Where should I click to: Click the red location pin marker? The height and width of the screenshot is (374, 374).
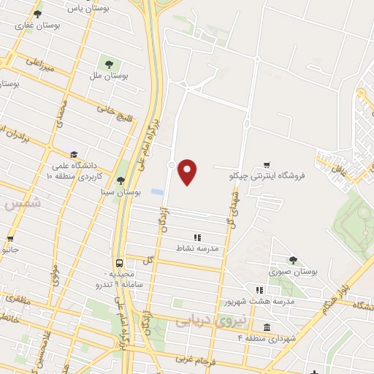(x=188, y=171)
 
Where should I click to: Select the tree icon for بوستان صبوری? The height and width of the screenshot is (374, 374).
(x=293, y=259)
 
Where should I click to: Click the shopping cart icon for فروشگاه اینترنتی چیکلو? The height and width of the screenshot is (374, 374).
(x=269, y=166)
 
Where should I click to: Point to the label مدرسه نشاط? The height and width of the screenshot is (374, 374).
(x=199, y=248)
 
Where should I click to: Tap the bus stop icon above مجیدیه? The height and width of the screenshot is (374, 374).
(x=118, y=263)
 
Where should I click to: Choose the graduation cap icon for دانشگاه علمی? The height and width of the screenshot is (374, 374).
(x=73, y=155)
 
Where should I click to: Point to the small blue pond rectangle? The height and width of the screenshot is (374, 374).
(x=157, y=192)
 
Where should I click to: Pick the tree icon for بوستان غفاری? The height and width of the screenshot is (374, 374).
(x=37, y=14)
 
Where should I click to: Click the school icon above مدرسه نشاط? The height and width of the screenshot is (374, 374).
(x=196, y=237)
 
